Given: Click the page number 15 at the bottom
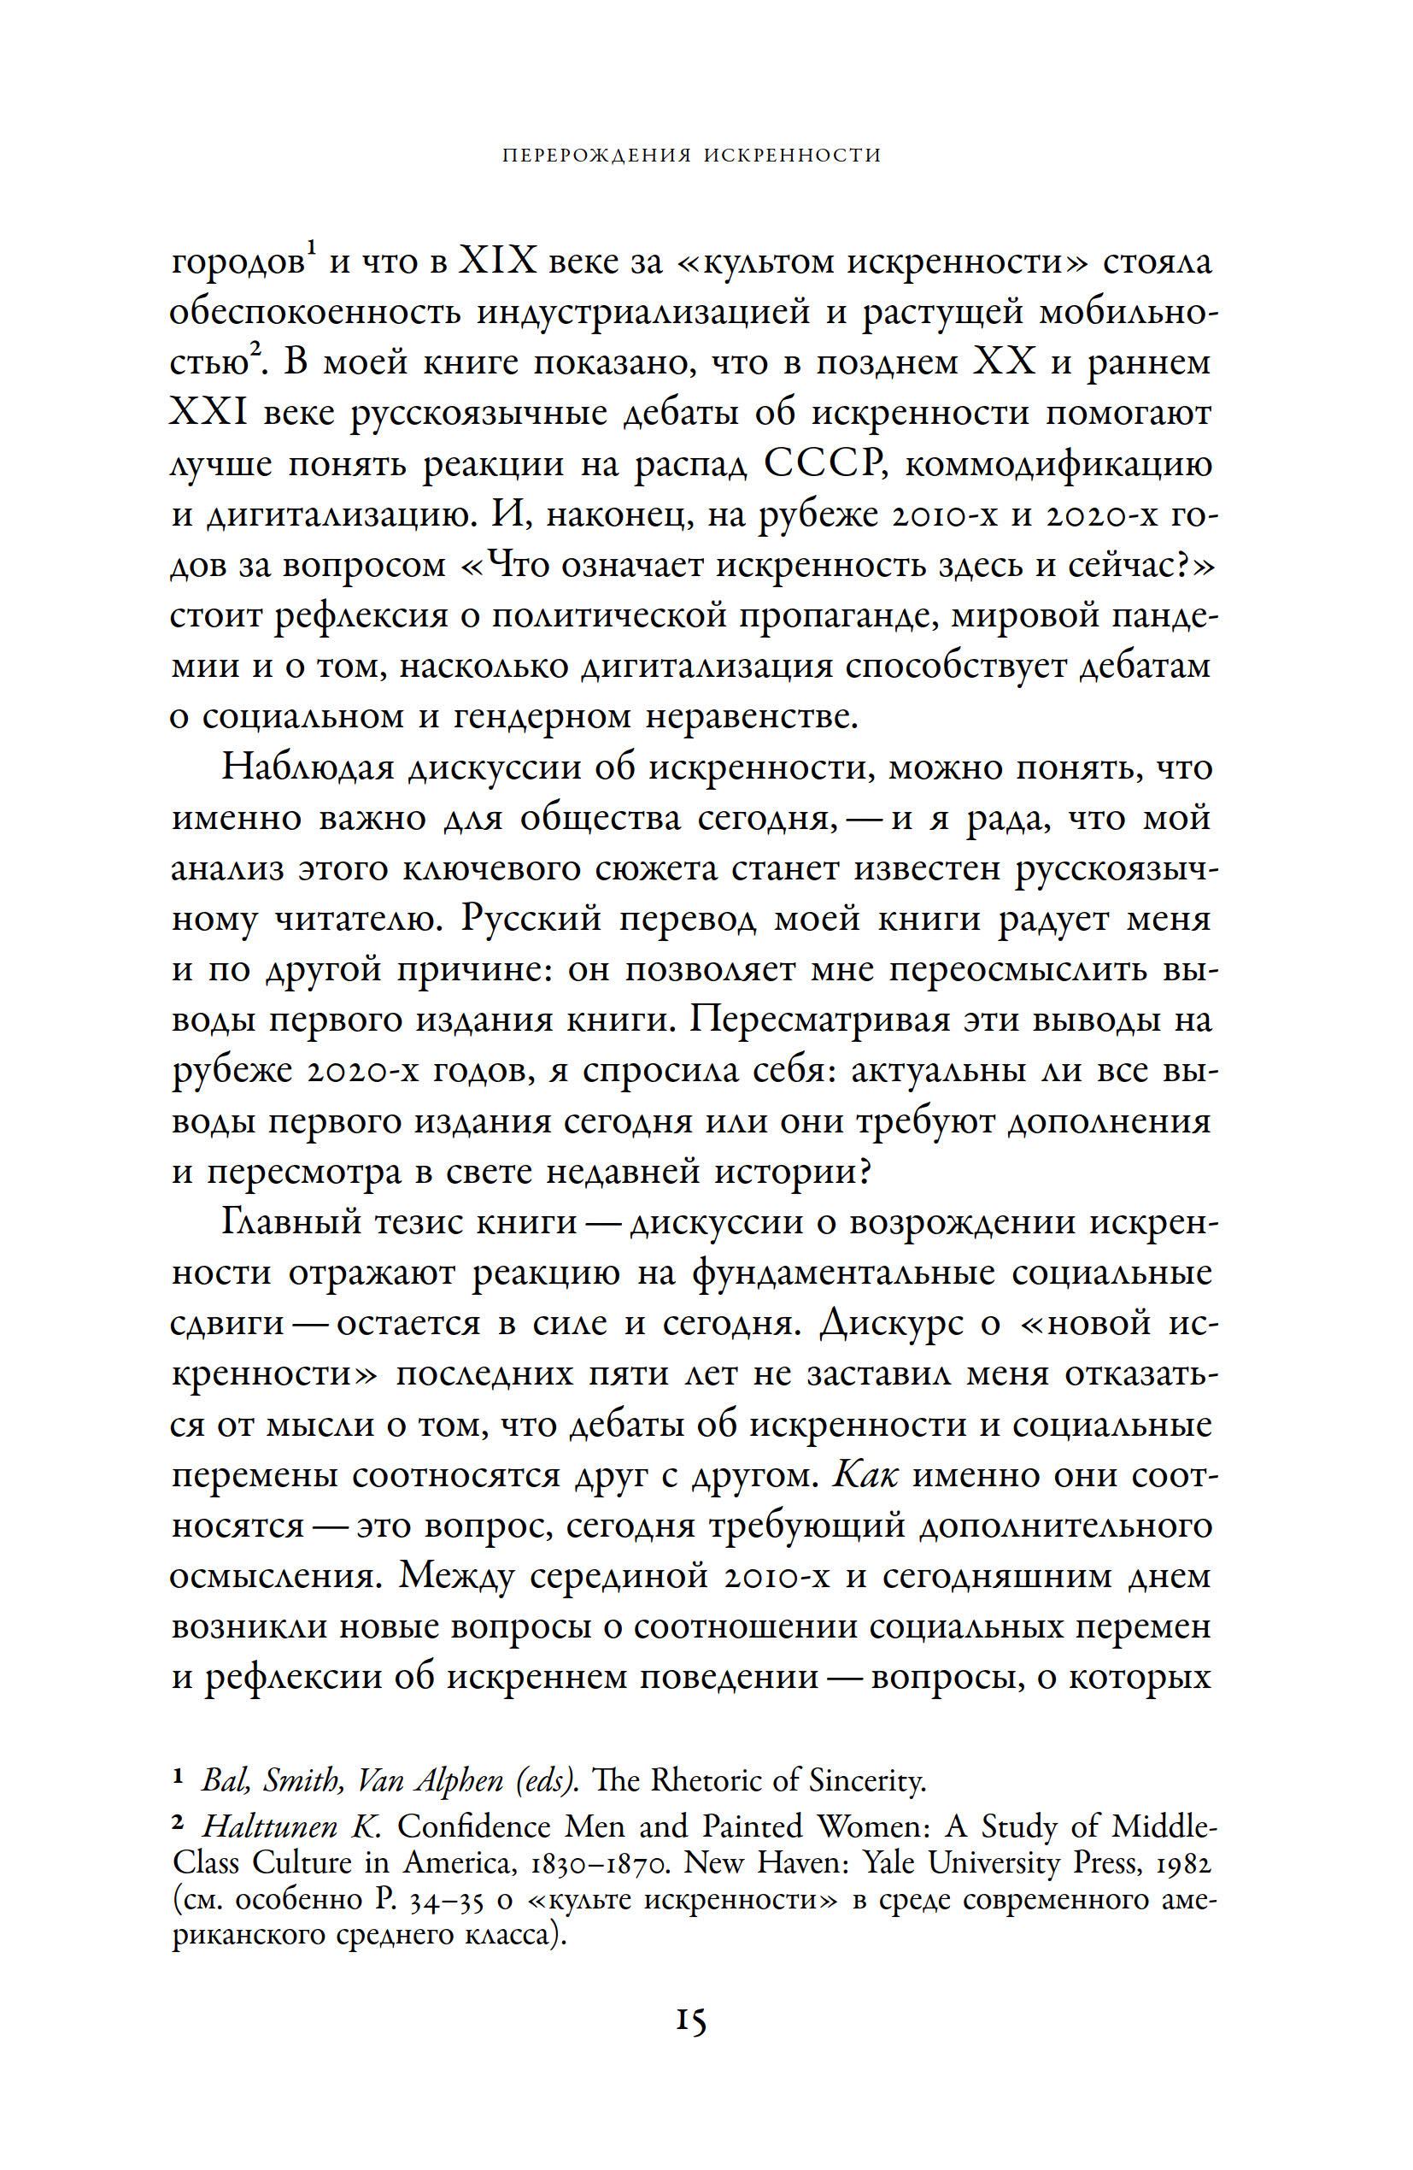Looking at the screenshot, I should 691,2021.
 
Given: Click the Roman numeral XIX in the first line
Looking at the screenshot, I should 497,262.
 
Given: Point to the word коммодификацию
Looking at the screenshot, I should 1058,464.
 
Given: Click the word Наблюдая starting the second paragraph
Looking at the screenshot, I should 305,767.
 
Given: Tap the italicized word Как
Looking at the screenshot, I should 865,1424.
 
